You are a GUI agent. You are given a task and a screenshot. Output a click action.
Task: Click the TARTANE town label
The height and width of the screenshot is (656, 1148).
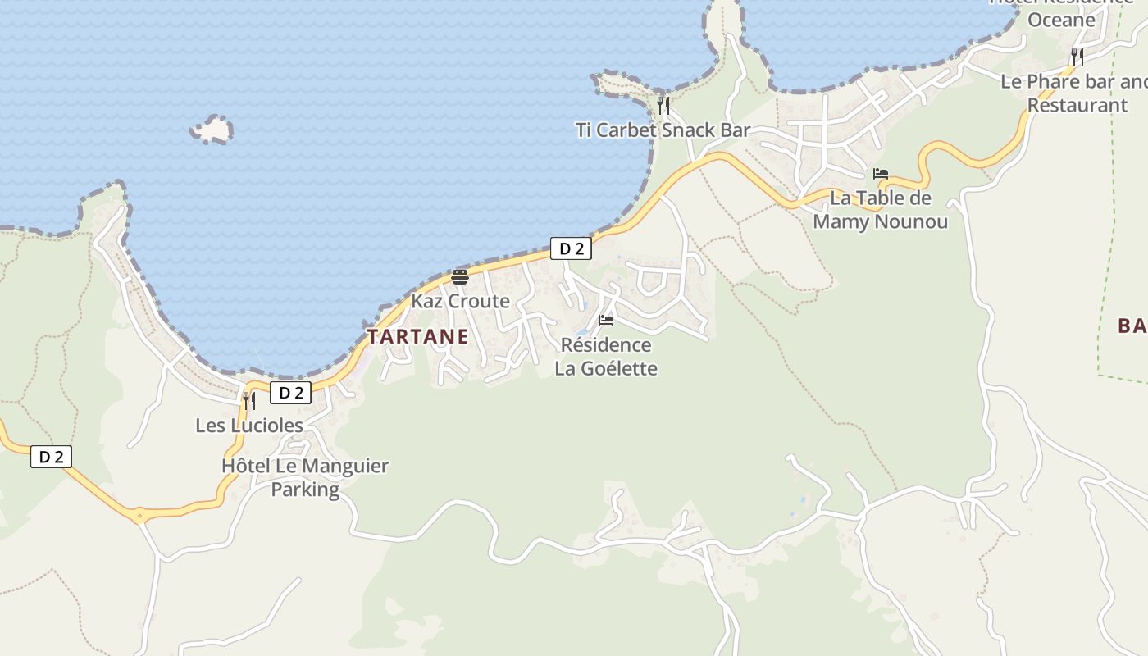(x=417, y=336)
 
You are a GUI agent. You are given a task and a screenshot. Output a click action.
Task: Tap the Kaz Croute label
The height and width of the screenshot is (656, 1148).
(x=460, y=301)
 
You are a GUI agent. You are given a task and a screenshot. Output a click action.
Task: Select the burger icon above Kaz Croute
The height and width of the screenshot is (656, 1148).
(x=459, y=276)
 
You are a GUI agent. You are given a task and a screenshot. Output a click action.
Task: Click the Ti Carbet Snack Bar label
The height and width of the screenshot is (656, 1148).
(x=663, y=130)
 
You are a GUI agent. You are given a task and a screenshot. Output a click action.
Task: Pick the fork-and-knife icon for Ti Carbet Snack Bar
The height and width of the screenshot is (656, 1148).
(x=663, y=105)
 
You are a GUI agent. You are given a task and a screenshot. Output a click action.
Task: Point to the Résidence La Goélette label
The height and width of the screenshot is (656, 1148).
(x=606, y=357)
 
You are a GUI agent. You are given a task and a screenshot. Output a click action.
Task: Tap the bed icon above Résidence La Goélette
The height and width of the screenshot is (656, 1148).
(x=606, y=320)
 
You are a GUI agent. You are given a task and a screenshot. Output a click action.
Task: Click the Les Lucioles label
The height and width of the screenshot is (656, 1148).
(x=249, y=426)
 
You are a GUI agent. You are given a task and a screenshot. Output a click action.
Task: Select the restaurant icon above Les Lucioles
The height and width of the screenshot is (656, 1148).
(x=248, y=400)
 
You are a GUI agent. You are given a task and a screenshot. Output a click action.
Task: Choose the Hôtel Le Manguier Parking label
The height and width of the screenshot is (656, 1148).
(x=305, y=477)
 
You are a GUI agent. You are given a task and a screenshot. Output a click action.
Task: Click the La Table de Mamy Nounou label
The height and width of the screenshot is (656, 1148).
(x=881, y=210)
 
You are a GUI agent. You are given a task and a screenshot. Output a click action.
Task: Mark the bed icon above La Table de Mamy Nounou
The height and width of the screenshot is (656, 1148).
(x=881, y=174)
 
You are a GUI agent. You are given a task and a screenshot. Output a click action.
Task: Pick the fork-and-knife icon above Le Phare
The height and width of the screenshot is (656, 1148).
(x=1077, y=57)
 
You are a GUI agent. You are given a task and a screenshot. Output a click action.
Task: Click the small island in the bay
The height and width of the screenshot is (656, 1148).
(x=212, y=130)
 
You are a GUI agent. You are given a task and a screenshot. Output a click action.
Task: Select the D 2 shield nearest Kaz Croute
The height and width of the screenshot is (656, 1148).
(x=571, y=248)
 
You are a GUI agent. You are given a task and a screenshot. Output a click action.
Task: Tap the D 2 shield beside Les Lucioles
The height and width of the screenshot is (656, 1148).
(x=290, y=393)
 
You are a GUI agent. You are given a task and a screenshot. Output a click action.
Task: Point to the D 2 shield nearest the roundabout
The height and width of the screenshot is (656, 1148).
(x=51, y=457)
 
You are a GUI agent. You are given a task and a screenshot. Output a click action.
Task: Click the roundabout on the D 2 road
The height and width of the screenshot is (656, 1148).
(x=139, y=517)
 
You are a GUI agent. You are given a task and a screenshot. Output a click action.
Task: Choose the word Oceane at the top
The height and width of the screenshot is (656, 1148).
(x=1061, y=20)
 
